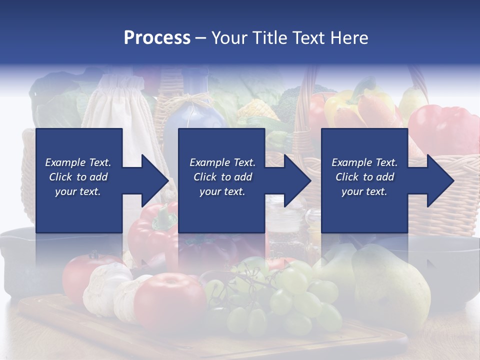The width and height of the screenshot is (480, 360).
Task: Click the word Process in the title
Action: click(157, 38)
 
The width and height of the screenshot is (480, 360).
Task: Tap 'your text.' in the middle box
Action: click(222, 191)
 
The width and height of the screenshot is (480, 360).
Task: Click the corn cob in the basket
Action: click(258, 110)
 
